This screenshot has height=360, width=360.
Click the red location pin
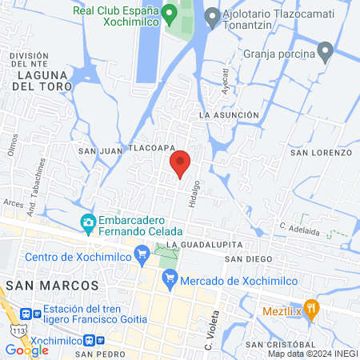pyautogui.click(x=181, y=162)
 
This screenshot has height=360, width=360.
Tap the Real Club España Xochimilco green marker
pyautogui.click(x=169, y=14)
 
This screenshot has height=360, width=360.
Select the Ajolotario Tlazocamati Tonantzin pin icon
pyautogui.click(x=212, y=15)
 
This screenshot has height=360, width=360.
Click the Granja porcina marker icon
pyautogui.click(x=325, y=54)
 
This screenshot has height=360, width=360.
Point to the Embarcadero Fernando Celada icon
pyautogui.click(x=87, y=222)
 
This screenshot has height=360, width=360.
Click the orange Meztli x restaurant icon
pyautogui.click(x=312, y=309)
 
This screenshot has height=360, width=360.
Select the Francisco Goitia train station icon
pyautogui.click(x=27, y=315)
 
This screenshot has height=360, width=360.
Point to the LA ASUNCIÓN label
pyautogui.click(x=230, y=115)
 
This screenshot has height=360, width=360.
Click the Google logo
pyautogui.click(x=26, y=350)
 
